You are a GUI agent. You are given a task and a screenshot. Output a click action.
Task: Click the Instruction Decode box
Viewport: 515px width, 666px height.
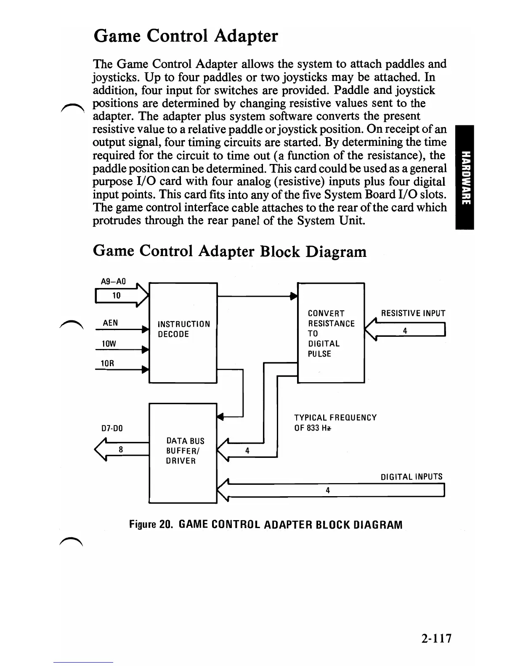(183, 333)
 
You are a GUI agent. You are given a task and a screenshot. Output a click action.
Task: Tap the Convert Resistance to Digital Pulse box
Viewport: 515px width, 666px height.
(331, 333)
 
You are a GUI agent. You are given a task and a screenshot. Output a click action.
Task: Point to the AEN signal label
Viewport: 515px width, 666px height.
(110, 323)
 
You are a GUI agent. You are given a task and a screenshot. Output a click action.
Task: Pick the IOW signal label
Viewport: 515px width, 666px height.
(108, 344)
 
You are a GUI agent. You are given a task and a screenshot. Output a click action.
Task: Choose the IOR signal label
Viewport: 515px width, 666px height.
(108, 363)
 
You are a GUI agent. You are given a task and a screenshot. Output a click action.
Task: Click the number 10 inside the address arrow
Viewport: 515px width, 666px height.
(116, 296)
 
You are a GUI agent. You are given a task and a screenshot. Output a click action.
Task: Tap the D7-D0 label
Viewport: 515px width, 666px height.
(112, 429)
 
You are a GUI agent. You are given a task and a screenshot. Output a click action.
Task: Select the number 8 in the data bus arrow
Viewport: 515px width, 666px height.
(121, 449)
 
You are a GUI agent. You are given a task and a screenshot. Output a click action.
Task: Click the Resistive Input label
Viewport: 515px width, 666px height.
(413, 313)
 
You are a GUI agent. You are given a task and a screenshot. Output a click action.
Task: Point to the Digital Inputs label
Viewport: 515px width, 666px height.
(411, 477)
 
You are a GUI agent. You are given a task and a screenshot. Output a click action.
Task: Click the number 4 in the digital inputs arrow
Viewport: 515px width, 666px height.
(328, 490)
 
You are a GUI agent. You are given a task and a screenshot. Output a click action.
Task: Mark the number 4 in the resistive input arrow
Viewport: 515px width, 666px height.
(405, 331)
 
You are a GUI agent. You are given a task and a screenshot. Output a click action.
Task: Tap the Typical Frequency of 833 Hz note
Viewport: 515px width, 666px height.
(335, 423)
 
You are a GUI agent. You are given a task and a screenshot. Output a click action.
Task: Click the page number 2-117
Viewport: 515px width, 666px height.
(436, 639)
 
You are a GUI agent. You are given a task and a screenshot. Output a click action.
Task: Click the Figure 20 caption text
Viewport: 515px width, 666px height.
(265, 525)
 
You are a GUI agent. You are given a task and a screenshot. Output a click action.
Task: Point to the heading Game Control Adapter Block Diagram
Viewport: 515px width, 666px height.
(229, 251)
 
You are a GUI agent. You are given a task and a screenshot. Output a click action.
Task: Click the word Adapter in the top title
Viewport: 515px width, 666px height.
(246, 36)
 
